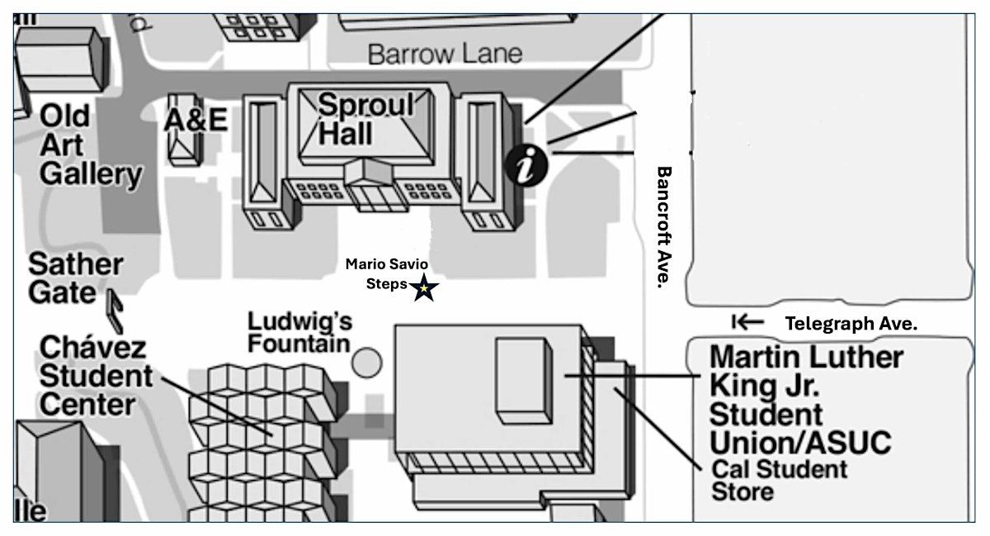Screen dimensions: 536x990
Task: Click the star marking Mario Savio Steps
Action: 425,289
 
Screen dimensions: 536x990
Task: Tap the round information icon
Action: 526,165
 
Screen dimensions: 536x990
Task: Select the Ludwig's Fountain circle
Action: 367,361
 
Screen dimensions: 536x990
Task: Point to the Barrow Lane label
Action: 445,55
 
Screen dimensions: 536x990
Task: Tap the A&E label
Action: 195,120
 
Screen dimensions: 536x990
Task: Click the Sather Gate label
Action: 75,277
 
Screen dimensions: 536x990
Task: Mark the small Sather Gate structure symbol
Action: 115,306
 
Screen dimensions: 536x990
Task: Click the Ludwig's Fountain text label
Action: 300,331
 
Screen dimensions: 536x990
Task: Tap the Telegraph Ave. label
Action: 851,324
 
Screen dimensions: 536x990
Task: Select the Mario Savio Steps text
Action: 386,274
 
